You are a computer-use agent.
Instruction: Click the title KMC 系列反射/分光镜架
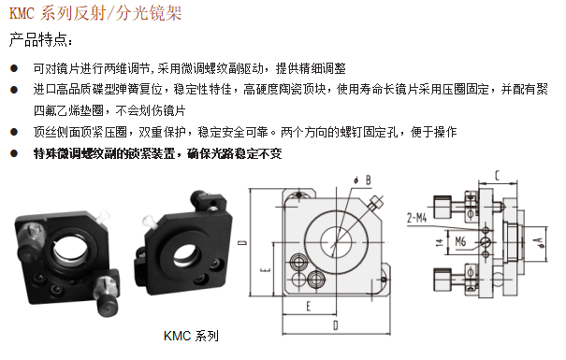click(x=94, y=14)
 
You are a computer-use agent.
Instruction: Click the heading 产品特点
click(x=40, y=39)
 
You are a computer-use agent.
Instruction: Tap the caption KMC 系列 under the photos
click(x=191, y=336)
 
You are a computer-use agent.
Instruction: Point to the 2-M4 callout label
click(x=417, y=218)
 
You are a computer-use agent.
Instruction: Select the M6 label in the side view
click(x=460, y=241)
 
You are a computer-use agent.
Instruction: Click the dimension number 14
click(x=440, y=242)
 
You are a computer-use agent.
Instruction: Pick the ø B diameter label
click(x=362, y=180)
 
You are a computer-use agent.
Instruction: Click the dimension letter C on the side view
click(x=498, y=175)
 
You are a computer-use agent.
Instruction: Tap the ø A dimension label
click(x=542, y=242)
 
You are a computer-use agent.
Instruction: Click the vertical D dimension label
click(x=243, y=242)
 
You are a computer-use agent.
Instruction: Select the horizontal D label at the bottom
click(x=336, y=325)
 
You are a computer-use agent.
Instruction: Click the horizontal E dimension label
click(x=309, y=307)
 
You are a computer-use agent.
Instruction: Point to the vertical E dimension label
click(x=266, y=269)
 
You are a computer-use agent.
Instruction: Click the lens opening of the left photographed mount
click(x=71, y=249)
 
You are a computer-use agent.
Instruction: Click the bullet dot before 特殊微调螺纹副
click(x=14, y=153)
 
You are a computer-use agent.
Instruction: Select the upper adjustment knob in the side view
click(x=443, y=207)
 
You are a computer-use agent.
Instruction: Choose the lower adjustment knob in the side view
click(x=443, y=280)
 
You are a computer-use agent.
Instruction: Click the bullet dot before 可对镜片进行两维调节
click(x=14, y=68)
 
